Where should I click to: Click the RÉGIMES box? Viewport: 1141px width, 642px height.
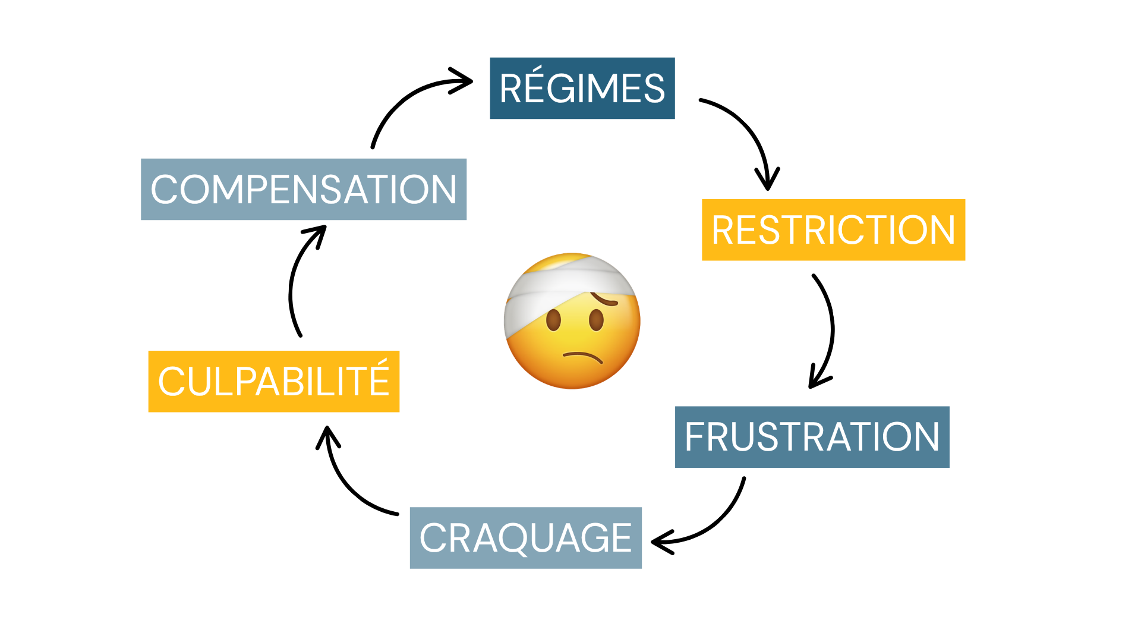click(x=582, y=88)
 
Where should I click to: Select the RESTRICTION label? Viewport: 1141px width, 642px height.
click(x=833, y=229)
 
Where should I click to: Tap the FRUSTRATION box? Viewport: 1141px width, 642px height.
click(x=812, y=437)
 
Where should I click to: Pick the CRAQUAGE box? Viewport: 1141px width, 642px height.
click(x=525, y=537)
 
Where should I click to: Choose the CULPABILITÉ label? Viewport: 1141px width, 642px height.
click(x=273, y=381)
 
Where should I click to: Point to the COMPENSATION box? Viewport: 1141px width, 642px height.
click(x=303, y=189)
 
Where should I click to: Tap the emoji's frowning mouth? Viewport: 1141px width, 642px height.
click(x=583, y=357)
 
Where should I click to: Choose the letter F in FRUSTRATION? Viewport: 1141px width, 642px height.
click(x=696, y=437)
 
